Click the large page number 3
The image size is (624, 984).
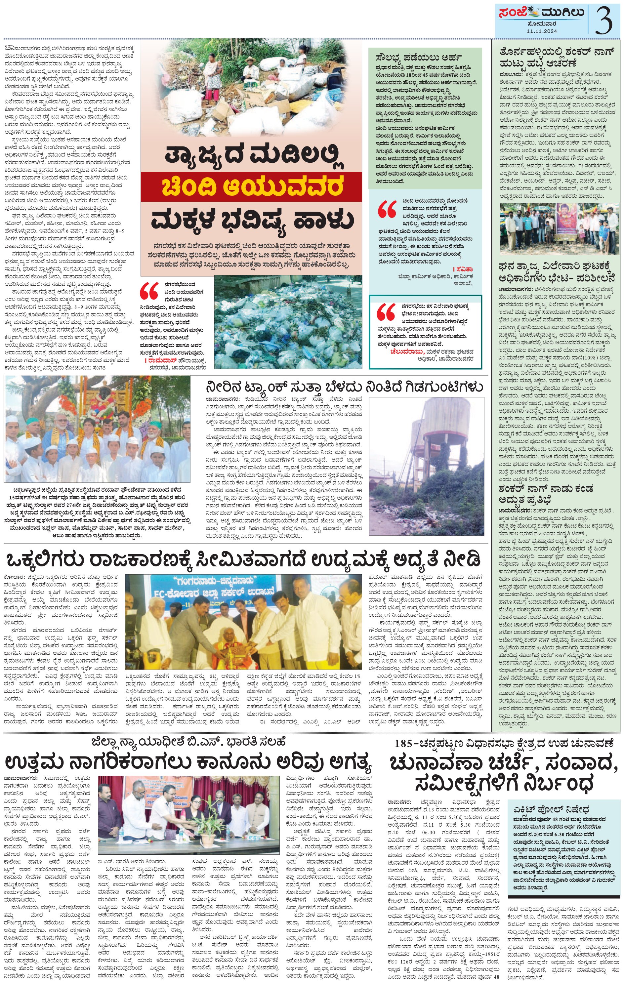pyautogui.click(x=603, y=20)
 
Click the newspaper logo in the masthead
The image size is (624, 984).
pyautogui.click(x=541, y=13)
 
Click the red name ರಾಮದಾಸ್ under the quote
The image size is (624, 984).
pyautogui.click(x=161, y=361)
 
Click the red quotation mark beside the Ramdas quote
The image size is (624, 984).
pyautogui.click(x=149, y=291)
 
